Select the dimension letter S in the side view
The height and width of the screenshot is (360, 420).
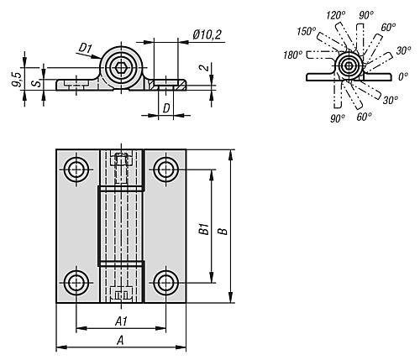(34, 82)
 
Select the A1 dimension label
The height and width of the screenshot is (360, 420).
(120, 321)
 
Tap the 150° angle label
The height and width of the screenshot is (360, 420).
(306, 32)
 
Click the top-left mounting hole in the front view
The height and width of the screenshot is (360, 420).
(77, 169)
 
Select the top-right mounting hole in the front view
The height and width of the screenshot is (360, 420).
(165, 169)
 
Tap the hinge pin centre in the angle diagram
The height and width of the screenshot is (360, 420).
(348, 65)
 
